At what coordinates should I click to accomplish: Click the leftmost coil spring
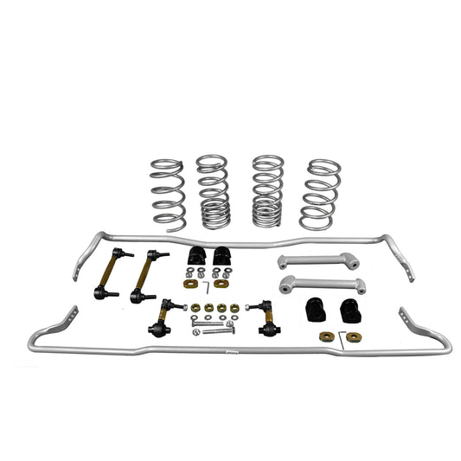(167, 194)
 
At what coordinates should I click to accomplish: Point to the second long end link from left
(145, 274)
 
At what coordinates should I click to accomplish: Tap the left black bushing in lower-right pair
(317, 310)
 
